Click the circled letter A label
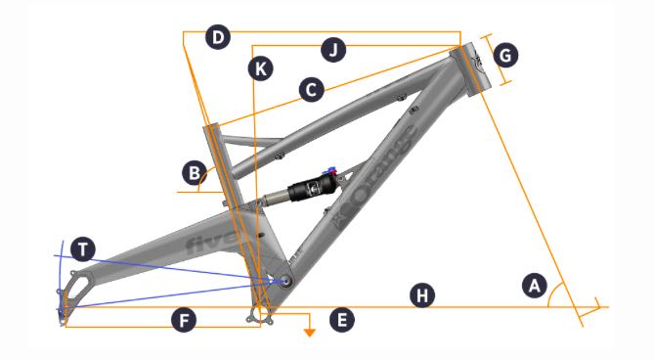535,286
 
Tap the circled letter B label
195,173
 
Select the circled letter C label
311,90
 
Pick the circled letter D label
218,37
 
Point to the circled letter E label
341,320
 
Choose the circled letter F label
184,320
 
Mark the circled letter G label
505,55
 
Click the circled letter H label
422,295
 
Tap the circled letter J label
333,50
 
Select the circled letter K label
261,68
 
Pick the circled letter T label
83,249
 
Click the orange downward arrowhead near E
310,332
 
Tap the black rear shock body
312,189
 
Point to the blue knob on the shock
332,170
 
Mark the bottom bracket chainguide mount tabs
261,317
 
